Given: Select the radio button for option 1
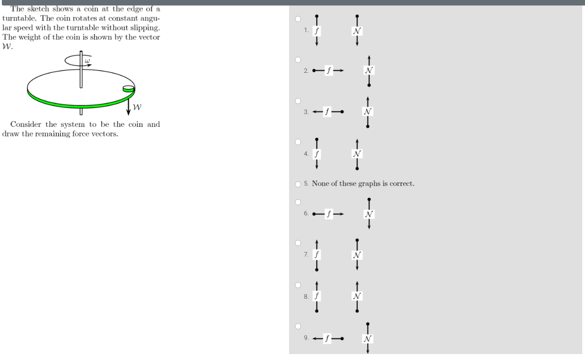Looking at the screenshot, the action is [298, 19].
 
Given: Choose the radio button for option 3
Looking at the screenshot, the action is [298, 101].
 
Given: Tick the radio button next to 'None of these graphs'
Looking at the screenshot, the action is [298, 184].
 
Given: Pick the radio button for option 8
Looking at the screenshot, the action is [298, 285].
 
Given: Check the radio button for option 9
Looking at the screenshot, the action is [298, 326].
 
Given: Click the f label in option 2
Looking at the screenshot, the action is [329, 70].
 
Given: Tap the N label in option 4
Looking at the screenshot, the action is [357, 154].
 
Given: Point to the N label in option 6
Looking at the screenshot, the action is [369, 214].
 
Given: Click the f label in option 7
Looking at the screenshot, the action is [317, 255].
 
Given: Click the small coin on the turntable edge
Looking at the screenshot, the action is [128, 89].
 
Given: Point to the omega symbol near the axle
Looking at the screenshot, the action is [87, 61].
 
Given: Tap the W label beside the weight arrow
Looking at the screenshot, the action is [137, 107].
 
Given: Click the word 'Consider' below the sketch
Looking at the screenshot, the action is [26, 124].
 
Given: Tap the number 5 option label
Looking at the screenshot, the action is [306, 184].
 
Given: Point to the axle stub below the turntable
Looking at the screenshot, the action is [81, 111].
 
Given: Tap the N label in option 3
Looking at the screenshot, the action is [367, 112].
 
